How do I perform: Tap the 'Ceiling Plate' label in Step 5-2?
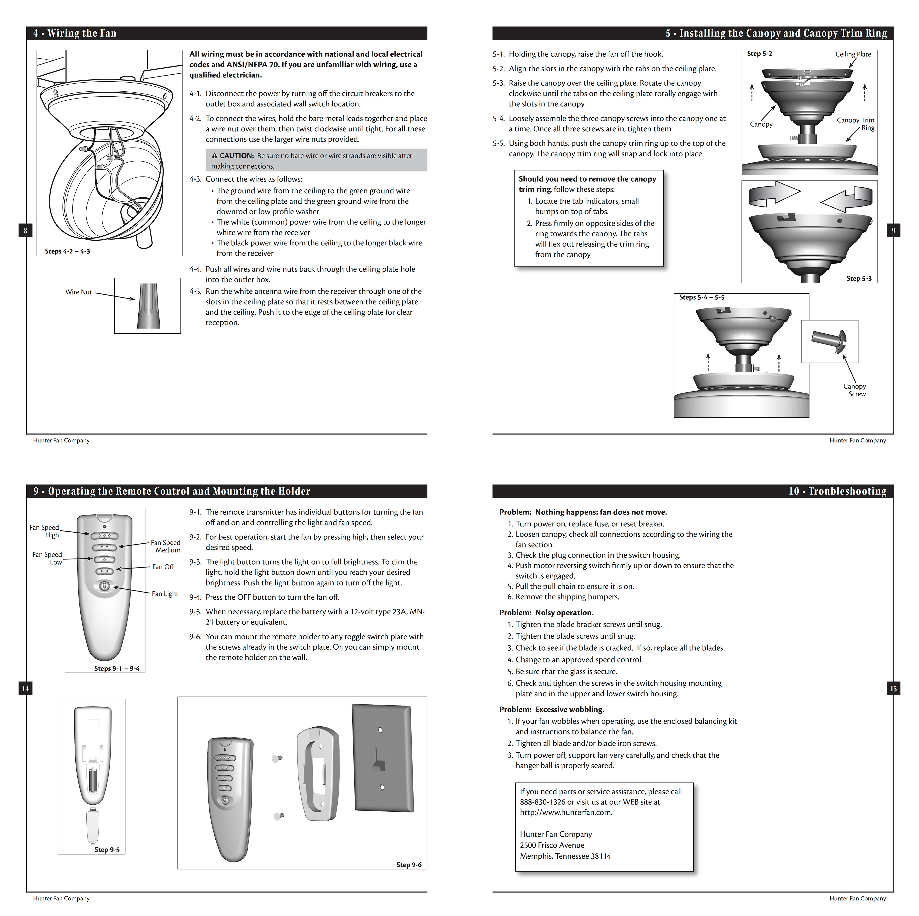coord(853,54)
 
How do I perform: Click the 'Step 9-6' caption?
coord(409,865)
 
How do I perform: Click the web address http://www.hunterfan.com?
coord(566,812)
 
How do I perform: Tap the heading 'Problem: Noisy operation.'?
coord(546,613)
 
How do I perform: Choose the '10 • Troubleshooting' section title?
coord(837,491)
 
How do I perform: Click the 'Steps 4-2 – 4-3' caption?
coord(67,251)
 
